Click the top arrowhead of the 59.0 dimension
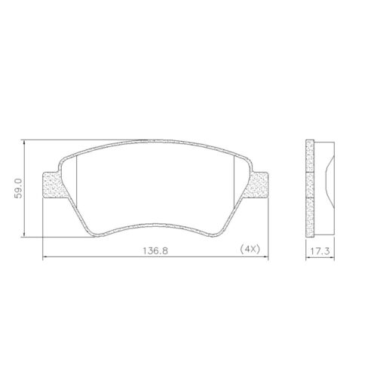click(26, 142)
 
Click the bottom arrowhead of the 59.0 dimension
click(26, 232)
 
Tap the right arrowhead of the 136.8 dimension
click(267, 257)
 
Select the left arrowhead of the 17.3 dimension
click(307, 257)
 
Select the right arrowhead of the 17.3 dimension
click(336, 257)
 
